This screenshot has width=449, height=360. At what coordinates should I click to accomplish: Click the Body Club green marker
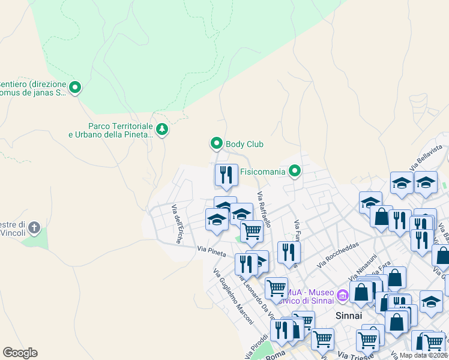[217, 143]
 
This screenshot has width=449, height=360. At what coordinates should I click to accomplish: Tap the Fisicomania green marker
[294, 172]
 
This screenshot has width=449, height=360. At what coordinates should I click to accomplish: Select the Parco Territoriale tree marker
[161, 129]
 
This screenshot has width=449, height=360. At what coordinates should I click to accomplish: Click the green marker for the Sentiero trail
[75, 88]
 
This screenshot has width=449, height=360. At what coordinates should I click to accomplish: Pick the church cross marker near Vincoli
[35, 227]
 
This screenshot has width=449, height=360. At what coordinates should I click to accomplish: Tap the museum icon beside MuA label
[343, 295]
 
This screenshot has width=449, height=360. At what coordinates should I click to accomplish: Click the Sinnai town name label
[349, 315]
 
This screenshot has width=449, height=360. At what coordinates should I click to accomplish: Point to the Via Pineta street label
[211, 251]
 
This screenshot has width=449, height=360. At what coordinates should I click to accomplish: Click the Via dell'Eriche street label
[178, 224]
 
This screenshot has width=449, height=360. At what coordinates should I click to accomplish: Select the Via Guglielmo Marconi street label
[234, 298]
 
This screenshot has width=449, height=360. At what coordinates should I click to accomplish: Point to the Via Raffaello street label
[264, 209]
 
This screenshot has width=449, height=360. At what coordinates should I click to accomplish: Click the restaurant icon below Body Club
[226, 175]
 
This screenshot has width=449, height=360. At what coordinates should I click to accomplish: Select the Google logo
[20, 353]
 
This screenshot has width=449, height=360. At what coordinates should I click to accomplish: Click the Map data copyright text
[423, 355]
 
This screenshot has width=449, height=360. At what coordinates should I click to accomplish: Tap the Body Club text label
[244, 144]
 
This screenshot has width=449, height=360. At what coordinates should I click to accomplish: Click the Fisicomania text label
[262, 172]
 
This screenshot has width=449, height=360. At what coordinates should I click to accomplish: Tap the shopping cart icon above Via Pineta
[252, 230]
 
